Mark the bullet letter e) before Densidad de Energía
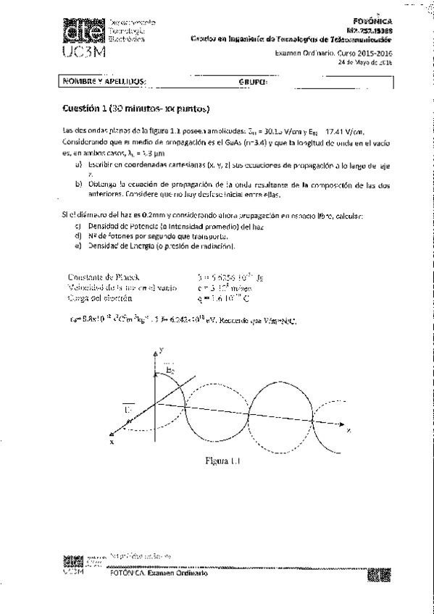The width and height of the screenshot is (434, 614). (x=78, y=246)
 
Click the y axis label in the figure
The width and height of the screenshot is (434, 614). (x=166, y=349)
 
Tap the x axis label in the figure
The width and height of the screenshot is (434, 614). (x=112, y=440)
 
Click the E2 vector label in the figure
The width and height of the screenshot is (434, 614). (x=170, y=370)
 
